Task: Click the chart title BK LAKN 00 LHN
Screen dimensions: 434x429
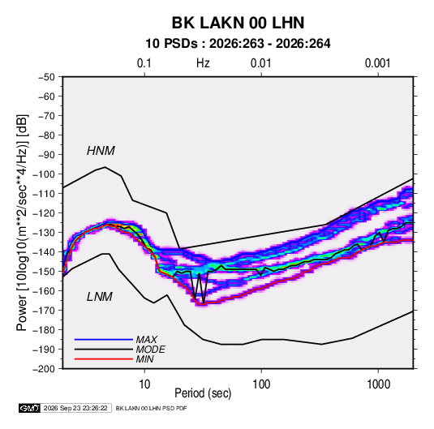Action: (238, 23)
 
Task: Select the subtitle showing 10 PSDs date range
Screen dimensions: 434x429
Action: (238, 44)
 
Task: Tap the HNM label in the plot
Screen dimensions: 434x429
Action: (101, 151)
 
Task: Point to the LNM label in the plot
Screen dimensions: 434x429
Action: (100, 297)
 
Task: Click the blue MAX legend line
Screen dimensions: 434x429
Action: (104, 339)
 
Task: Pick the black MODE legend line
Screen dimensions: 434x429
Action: (104, 350)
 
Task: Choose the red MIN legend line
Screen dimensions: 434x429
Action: (104, 359)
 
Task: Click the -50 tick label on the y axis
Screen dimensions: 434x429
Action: (46, 77)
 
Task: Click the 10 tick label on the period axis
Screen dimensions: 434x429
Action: (144, 384)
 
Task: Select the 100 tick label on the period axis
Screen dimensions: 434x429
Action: (261, 384)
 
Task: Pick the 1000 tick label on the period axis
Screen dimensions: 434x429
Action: (378, 384)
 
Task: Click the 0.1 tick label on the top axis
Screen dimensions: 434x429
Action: (144, 63)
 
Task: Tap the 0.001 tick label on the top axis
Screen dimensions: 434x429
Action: (377, 63)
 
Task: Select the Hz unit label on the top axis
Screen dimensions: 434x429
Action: (203, 63)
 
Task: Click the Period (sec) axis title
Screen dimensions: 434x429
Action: (203, 393)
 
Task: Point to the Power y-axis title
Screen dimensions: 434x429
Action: (22, 223)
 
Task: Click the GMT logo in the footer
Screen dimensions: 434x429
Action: (29, 408)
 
